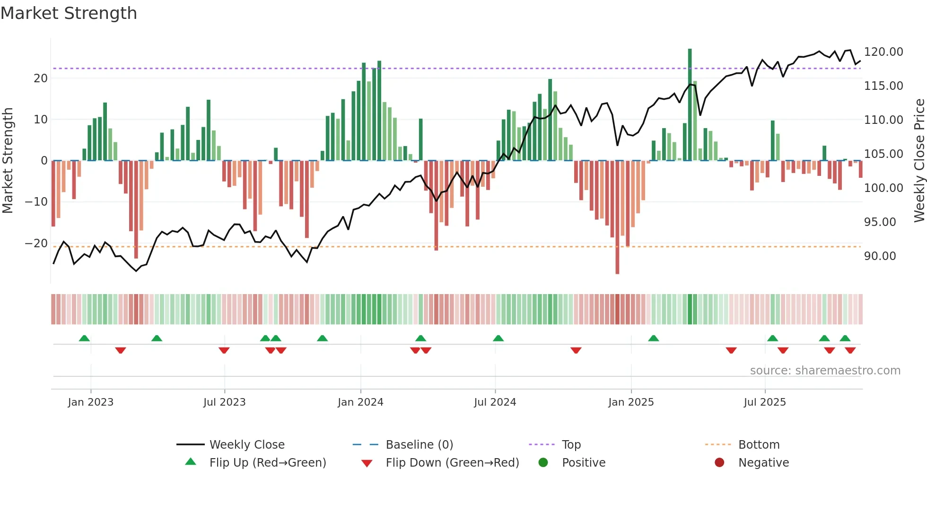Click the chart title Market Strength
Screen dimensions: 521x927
tap(69, 13)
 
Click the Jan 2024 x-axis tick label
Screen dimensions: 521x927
tap(360, 402)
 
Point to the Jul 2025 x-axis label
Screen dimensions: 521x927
tap(765, 402)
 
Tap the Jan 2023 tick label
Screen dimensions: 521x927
tap(90, 402)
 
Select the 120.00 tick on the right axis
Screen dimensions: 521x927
tap(883, 52)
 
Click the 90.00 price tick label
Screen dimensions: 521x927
tap(880, 256)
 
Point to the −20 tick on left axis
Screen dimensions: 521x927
tap(36, 243)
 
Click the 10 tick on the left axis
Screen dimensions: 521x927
tap(41, 120)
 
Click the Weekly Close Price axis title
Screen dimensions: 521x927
tap(919, 161)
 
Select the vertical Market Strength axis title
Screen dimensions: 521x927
tap(8, 161)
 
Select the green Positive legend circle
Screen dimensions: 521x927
tap(543, 463)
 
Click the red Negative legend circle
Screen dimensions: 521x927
tap(719, 463)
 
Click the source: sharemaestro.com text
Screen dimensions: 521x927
tap(825, 371)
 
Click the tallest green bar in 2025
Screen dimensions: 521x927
tap(690, 104)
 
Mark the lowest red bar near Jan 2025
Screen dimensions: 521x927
tap(617, 217)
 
